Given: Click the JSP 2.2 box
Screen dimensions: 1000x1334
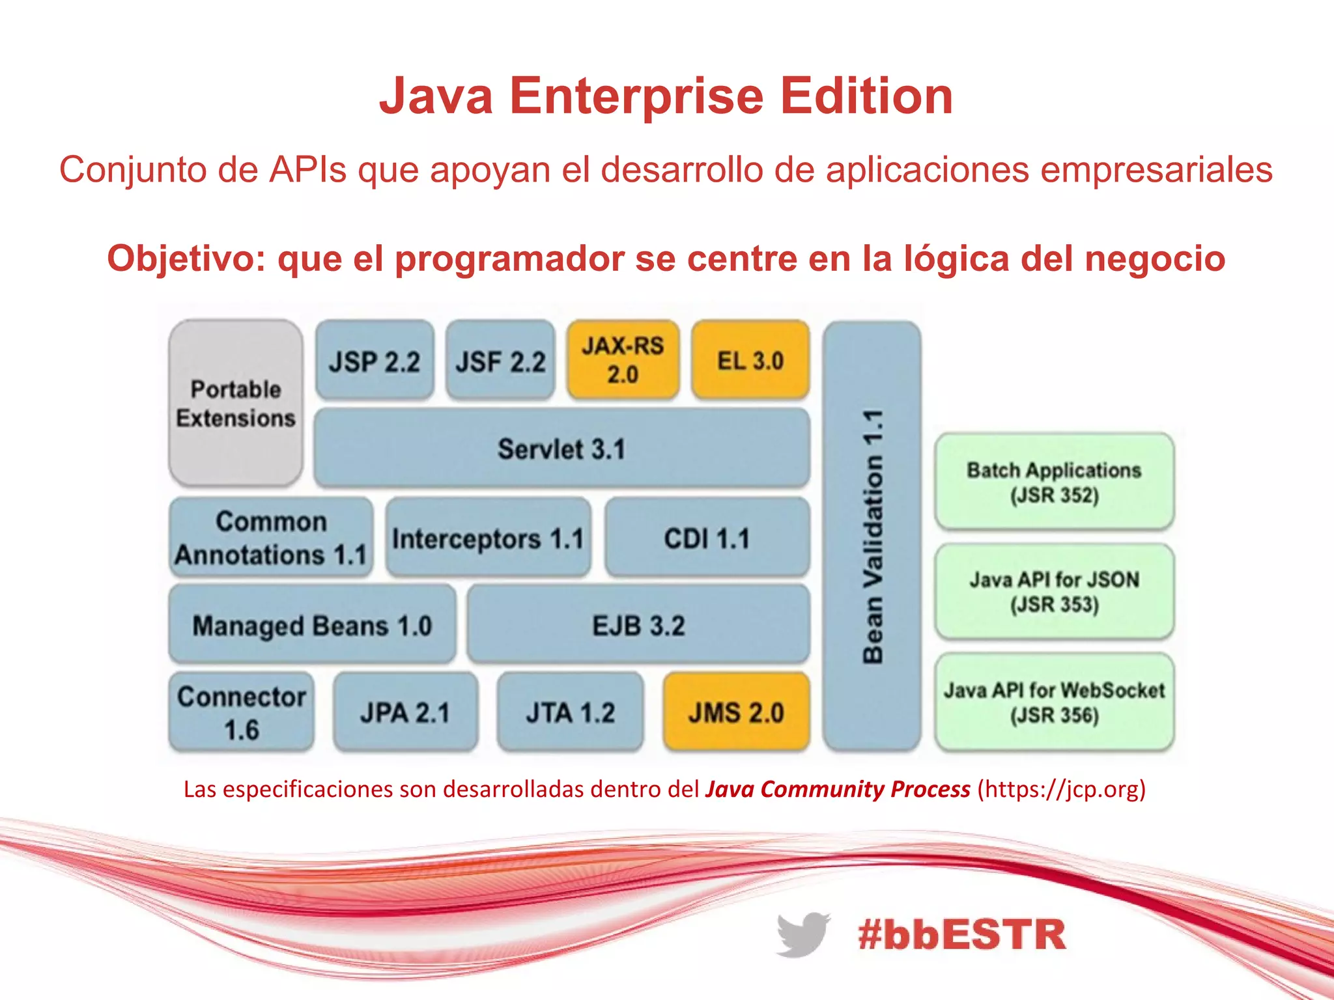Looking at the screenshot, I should pos(375,360).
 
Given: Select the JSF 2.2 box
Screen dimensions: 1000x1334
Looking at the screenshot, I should pos(500,360).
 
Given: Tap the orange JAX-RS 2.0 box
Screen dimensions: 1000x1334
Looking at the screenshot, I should pos(623,360).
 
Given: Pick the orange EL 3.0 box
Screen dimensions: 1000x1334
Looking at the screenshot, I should pos(750,360).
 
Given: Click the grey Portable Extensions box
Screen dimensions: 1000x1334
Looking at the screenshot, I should pos(235,403).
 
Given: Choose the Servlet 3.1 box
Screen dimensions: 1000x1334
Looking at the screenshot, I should pos(561,449).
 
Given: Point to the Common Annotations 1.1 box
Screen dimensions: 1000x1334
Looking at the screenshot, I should pos(270,538).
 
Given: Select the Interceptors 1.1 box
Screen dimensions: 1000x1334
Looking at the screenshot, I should pos(488,538).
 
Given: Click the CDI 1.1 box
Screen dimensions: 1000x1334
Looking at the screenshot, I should pos(707,538).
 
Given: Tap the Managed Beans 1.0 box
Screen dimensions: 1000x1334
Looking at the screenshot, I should pos(312,625).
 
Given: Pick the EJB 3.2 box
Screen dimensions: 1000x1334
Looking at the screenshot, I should pos(638,625).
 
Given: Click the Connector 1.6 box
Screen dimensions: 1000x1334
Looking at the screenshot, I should pos(241,712).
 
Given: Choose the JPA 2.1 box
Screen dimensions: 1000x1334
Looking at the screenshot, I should pos(405,712).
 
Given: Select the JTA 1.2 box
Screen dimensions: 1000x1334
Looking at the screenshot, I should pos(570,712).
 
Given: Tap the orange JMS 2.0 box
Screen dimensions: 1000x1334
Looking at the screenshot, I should pos(736,712).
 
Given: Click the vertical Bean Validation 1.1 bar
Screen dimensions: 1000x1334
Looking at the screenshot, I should pos(872,536).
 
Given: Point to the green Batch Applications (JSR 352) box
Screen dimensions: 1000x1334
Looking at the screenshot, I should pos(1054,482).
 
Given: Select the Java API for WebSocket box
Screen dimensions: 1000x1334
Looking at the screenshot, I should pos(1054,702).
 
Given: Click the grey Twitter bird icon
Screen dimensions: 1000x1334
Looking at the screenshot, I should pos(802,934).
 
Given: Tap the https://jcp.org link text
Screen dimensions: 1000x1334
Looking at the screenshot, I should pos(1061,789).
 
